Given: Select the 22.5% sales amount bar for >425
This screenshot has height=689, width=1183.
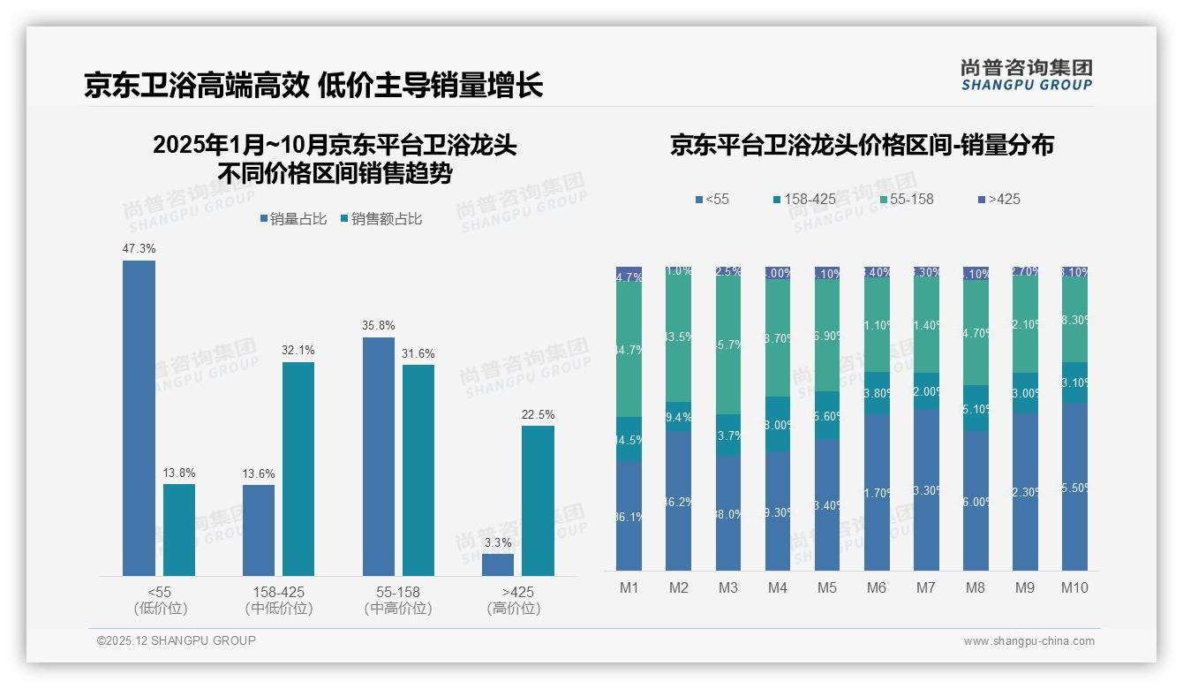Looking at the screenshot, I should click(x=538, y=501).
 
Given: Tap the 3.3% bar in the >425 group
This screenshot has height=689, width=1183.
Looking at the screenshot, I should click(x=498, y=564).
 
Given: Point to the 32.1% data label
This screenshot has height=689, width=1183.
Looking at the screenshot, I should click(x=298, y=350).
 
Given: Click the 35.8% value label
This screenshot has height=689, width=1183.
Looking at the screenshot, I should click(x=378, y=325).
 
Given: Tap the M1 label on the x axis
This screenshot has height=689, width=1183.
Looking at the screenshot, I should click(x=629, y=587).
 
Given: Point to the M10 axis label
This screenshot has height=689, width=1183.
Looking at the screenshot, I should click(x=1074, y=587).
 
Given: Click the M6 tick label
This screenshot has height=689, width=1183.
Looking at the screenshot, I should click(x=877, y=587).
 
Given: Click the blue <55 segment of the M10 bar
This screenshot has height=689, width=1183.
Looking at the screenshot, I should click(x=1074, y=487).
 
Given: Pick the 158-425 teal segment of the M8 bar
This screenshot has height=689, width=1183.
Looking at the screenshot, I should click(x=976, y=408).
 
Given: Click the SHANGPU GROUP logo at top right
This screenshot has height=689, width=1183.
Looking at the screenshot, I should click(x=1026, y=74).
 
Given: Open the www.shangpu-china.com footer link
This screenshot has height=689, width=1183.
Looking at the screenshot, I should click(x=1029, y=641).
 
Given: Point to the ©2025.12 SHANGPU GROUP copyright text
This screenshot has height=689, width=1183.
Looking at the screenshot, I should click(x=177, y=641).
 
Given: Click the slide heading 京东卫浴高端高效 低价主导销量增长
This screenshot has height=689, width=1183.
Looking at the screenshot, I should click(x=313, y=85).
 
